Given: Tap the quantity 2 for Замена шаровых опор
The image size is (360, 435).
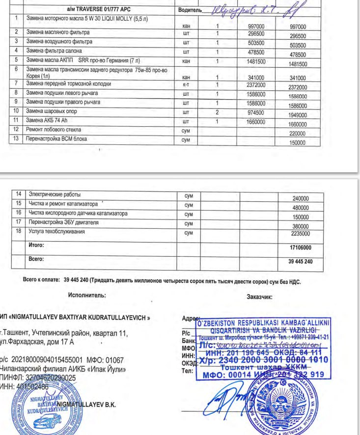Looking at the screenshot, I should point(217,112).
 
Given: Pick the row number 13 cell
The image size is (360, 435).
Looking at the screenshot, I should point(17,139).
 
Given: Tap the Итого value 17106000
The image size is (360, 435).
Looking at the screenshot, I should point(300,248).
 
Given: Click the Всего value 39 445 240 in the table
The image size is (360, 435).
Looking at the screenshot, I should point(300,261).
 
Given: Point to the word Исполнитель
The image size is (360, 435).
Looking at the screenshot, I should point(87,296).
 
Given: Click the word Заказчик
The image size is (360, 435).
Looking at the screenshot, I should point(259,297).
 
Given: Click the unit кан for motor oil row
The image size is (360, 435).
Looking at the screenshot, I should point(186,26).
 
